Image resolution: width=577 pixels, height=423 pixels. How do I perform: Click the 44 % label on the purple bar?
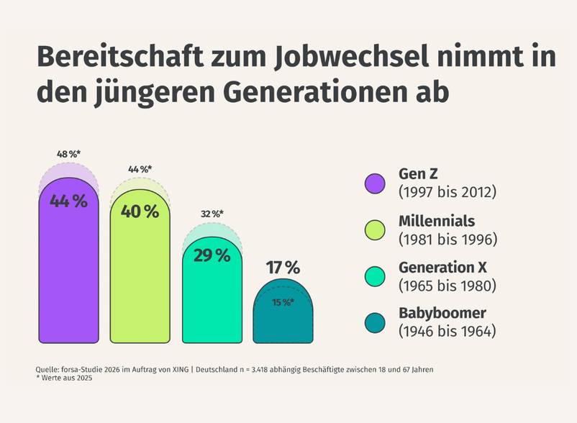tap(68, 202)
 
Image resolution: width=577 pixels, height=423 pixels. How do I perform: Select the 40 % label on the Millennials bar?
tap(140, 211)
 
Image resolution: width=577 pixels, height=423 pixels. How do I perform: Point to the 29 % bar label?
tap(212, 255)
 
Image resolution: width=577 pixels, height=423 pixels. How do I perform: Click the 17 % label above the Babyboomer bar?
tap(283, 268)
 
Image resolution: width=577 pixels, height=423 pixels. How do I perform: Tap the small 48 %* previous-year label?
tap(68, 154)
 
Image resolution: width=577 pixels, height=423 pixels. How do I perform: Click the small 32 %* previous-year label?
tap(212, 214)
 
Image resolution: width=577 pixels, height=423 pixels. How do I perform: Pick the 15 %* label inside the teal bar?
tap(283, 303)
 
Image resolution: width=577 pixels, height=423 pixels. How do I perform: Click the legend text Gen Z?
tap(418, 176)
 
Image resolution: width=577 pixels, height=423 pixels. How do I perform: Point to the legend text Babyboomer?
tap(443, 314)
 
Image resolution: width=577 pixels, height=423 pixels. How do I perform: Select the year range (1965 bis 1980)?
tap(447, 286)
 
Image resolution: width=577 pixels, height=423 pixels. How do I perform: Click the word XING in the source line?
tap(177, 369)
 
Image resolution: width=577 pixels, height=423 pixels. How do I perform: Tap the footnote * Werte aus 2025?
tap(64, 379)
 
